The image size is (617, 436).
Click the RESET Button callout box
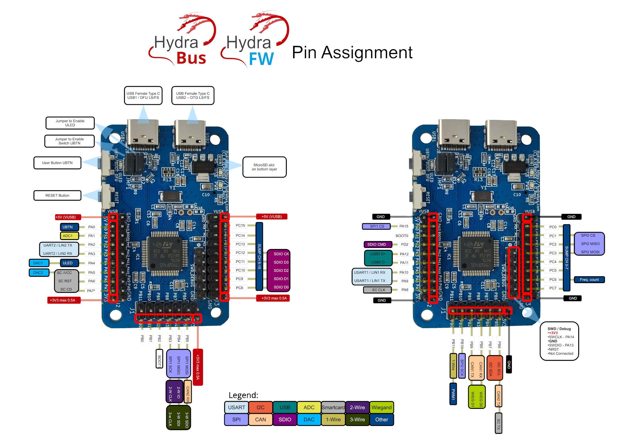[57, 195]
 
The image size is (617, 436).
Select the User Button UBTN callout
[57, 163]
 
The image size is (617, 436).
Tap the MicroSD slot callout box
[264, 167]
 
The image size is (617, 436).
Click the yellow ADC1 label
[68, 236]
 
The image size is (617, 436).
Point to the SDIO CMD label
[377, 244]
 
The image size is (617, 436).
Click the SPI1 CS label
[377, 226]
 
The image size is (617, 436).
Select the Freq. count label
[589, 280]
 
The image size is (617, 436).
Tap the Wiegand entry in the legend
[382, 407]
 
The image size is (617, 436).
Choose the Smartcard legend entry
[333, 407]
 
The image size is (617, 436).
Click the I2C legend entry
[260, 407]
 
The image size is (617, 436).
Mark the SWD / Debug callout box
[559, 341]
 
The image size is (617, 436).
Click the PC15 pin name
[240, 225]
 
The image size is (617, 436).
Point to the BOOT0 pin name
[402, 236]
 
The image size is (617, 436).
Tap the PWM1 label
[453, 394]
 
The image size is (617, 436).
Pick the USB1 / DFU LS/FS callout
[143, 96]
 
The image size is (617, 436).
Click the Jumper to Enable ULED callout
[70, 123]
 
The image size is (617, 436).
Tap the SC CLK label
[379, 290]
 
